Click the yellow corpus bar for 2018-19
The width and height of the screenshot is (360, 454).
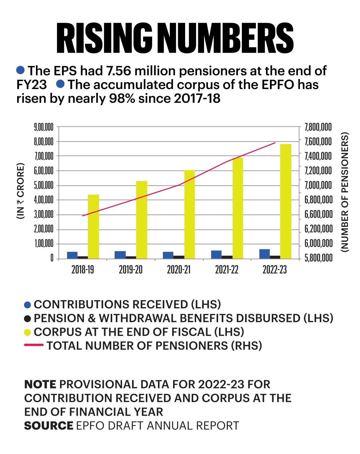tap(93, 227)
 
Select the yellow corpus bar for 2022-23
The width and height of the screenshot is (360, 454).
tap(286, 201)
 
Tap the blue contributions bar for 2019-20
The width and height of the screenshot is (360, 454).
tap(120, 255)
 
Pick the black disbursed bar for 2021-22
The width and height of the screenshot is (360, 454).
tap(227, 257)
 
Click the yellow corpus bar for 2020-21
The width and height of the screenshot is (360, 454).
tap(190, 214)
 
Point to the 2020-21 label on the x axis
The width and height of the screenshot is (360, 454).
tap(179, 270)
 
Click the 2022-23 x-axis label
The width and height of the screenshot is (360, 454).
tap(275, 270)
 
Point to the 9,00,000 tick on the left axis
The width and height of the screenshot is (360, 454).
tap(44, 127)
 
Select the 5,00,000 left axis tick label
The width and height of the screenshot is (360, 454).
tap(44, 185)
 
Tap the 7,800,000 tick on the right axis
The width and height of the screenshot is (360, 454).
tap(318, 127)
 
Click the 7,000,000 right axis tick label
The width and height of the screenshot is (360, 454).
tap(318, 185)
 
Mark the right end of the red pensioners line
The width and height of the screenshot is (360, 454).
tap(275, 143)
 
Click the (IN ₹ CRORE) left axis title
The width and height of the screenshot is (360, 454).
tap(20, 191)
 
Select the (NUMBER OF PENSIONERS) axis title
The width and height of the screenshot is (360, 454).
tap(345, 192)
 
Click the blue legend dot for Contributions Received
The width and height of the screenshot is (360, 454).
tap(28, 305)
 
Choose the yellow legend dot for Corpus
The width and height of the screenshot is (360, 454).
tap(28, 332)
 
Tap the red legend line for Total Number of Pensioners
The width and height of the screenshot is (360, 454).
tap(34, 346)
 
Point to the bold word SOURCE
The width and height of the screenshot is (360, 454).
tap(49, 426)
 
